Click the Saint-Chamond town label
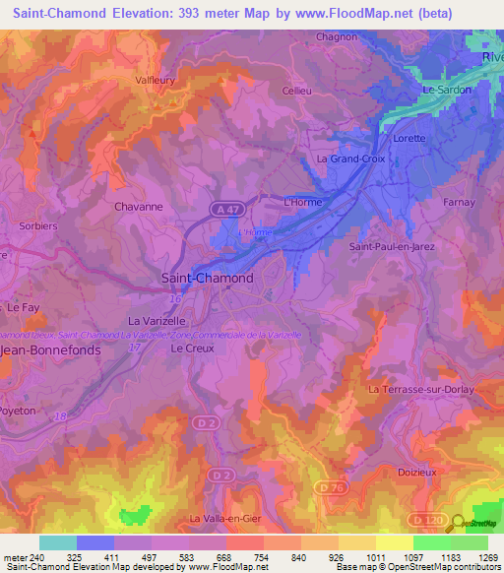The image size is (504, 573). tap(207, 279)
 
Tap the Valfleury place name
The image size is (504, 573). tap(158, 84)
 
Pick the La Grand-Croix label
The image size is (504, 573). tap(348, 158)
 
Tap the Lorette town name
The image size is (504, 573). tap(409, 139)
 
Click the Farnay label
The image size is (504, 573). tap(459, 202)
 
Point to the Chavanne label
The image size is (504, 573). tap(139, 208)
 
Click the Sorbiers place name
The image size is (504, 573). tap(38, 225)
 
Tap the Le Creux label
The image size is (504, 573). tap(192, 349)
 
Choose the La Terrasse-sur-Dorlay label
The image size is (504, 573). tap(420, 390)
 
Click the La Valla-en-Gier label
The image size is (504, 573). tap(227, 518)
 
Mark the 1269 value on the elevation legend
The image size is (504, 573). tap(487, 557)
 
